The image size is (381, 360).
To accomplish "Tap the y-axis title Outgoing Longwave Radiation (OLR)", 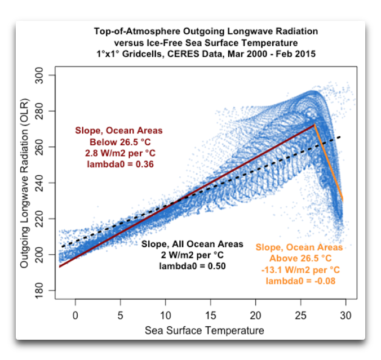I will pyautogui.click(x=25, y=183).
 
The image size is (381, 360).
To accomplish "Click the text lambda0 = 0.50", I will pyautogui.click(x=192, y=265).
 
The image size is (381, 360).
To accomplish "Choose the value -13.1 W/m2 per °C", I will pyautogui.click(x=299, y=269).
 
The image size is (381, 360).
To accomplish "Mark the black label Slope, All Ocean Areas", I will pyautogui.click(x=192, y=244).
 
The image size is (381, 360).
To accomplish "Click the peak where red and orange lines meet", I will pyautogui.click(x=314, y=125).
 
